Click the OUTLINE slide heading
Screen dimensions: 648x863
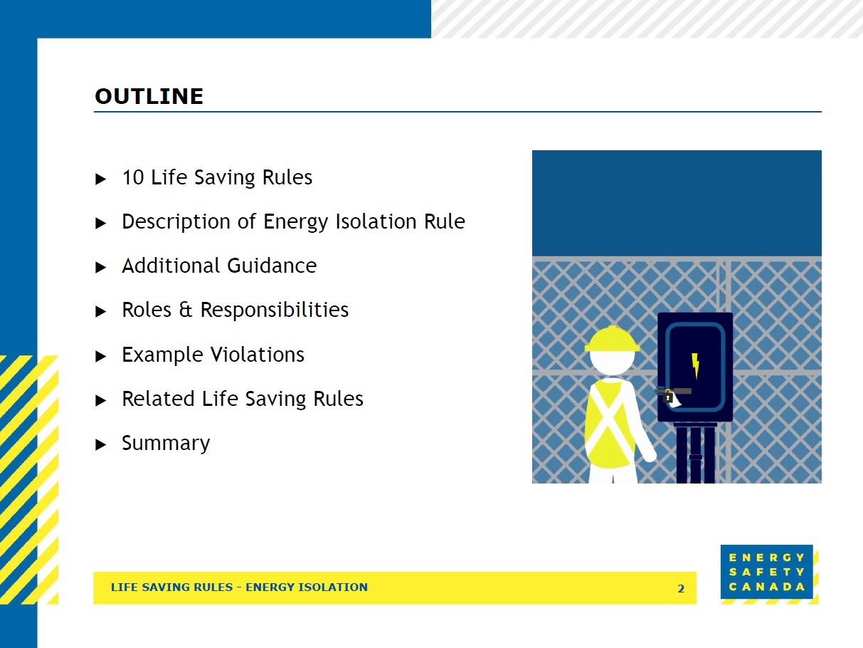point(149,96)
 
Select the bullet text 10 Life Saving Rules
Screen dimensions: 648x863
point(217,177)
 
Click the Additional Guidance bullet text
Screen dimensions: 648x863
point(219,266)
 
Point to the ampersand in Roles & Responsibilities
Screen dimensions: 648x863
point(186,310)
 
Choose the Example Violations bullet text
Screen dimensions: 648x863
point(213,355)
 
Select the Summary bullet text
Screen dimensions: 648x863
point(166,443)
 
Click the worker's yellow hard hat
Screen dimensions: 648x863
point(612,339)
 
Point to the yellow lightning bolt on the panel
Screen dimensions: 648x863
point(695,365)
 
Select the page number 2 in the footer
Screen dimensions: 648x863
point(681,588)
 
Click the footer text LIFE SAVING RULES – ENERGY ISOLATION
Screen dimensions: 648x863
point(239,587)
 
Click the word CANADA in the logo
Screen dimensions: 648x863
point(767,587)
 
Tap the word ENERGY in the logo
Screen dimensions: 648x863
point(767,558)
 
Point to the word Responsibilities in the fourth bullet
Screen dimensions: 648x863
point(274,310)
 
